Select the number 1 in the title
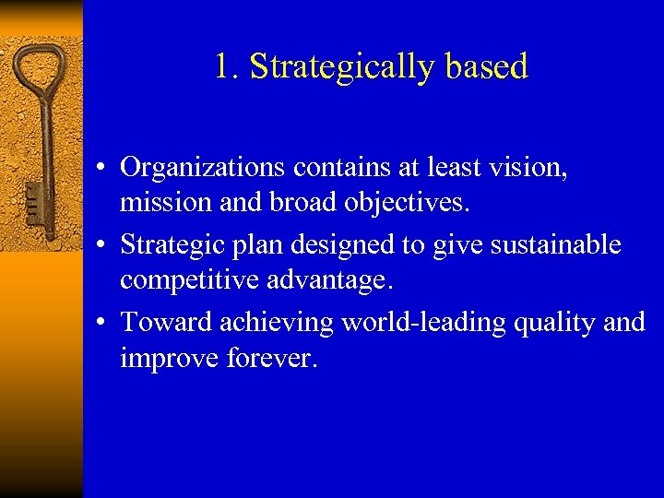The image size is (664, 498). tap(223, 66)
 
